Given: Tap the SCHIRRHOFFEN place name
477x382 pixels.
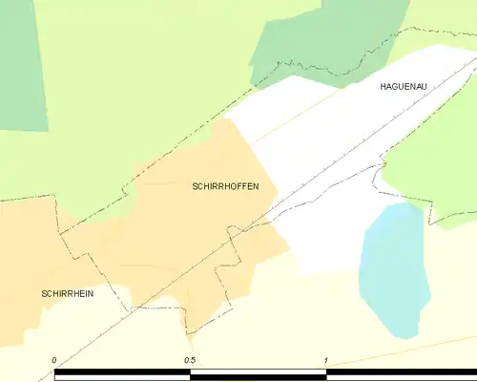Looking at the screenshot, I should [x=225, y=187].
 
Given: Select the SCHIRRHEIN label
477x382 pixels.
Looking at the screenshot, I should [x=67, y=293].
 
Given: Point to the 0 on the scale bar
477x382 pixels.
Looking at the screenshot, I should [x=55, y=360].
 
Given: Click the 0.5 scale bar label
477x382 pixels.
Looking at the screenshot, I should [x=191, y=360].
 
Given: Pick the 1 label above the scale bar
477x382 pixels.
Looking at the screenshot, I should [x=325, y=360].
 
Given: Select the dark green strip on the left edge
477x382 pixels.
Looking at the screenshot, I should [x=21, y=67].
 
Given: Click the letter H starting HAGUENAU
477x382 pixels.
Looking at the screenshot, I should [x=383, y=87].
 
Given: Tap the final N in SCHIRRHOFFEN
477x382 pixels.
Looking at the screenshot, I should [x=255, y=187].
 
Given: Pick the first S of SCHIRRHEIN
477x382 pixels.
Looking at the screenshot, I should [x=44, y=293].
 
